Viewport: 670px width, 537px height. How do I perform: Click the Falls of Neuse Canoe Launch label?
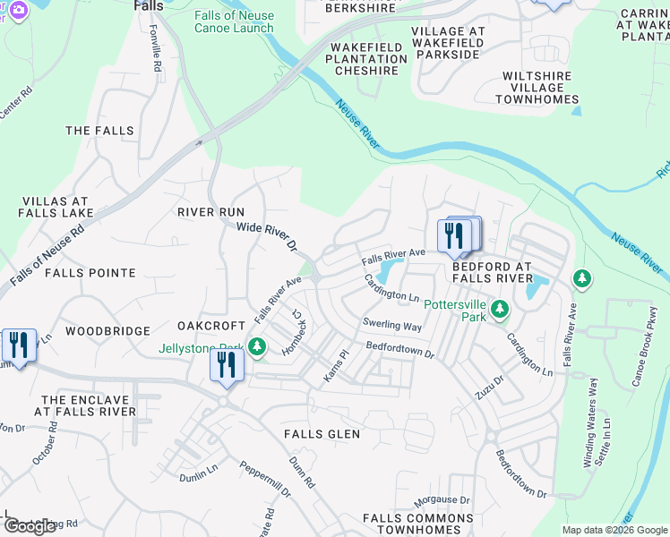[x=234, y=21]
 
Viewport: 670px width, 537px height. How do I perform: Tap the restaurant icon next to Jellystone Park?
[x=227, y=365]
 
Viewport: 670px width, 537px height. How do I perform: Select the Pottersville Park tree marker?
[x=500, y=311]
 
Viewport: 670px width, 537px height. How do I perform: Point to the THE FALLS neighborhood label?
[x=99, y=131]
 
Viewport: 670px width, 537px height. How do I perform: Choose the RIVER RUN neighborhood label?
[x=210, y=212]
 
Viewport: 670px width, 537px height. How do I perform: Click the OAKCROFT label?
[x=210, y=325]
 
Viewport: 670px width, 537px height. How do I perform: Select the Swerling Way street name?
[x=391, y=325]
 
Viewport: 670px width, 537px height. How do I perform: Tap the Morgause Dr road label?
[x=441, y=499]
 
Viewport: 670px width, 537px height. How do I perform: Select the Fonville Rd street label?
[x=156, y=49]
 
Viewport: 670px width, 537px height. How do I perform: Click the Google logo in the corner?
[x=30, y=526]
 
